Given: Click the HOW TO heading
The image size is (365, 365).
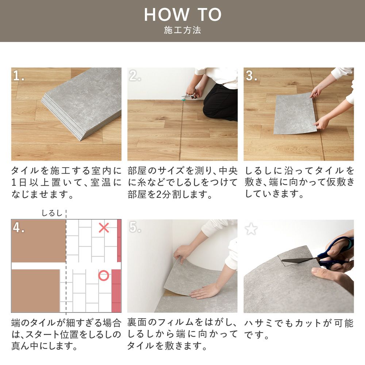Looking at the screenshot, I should tap(182, 15).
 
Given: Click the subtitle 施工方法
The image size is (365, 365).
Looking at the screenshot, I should tap(182, 30).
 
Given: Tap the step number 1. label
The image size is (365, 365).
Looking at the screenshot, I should tap(19, 76).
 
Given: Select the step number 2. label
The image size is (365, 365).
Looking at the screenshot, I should tap(135, 76).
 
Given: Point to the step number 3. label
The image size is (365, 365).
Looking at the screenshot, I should tap(251, 76).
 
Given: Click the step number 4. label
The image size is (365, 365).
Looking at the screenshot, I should tap(19, 227).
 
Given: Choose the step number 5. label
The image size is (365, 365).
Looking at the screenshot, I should tap(135, 227).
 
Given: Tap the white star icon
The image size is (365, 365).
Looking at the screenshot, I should tap(251, 229).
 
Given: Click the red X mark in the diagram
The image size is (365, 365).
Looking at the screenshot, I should tap(104, 228).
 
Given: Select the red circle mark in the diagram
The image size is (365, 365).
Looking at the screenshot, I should tap(104, 276).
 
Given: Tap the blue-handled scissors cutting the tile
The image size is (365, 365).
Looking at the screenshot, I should tap(328, 254).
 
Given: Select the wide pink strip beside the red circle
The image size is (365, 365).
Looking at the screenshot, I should tap(116, 291).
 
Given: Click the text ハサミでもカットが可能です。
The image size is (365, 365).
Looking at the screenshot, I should tap(299, 328).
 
